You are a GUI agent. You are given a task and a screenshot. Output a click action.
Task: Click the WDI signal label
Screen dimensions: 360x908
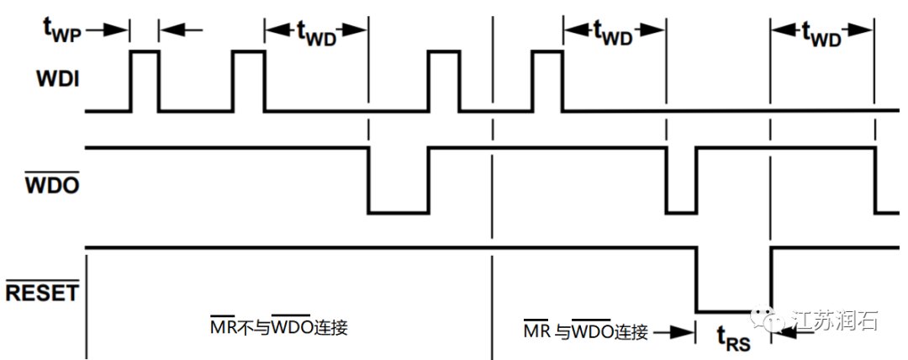tap(57, 80)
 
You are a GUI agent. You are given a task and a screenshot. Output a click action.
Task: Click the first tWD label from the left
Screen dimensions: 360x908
tap(315, 32)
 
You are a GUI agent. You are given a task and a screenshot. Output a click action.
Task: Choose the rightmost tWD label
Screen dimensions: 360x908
tap(821, 32)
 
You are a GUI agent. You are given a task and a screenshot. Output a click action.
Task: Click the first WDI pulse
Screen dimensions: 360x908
tap(145, 81)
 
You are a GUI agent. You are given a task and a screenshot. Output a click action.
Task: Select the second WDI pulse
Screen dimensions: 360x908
tap(248, 81)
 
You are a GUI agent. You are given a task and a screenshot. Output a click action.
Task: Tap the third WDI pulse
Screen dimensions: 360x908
tap(444, 81)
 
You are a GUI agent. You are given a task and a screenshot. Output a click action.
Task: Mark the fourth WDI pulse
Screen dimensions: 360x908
tap(548, 81)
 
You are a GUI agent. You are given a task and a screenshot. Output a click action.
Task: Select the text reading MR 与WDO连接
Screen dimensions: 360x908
tap(586, 332)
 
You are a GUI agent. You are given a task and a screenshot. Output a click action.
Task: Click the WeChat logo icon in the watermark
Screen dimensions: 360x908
tap(773, 320)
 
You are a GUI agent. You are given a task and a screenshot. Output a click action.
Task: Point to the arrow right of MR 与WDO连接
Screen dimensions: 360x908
tap(673, 333)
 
